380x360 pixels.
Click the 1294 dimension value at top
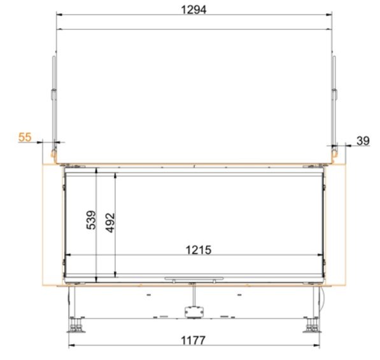pos(194,10)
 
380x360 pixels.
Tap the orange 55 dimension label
pos(25,137)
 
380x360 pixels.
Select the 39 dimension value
pos(363,141)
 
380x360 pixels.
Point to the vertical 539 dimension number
pos(91,220)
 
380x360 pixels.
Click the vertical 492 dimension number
pos(110,223)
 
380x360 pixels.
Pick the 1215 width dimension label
pos(199,250)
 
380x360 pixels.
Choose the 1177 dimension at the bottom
pos(193,340)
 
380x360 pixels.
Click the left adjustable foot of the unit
pos(76,324)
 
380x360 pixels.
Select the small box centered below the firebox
pos(194,312)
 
